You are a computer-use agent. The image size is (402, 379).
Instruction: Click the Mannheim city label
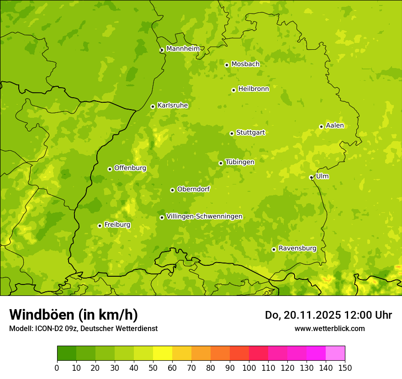point(183,49)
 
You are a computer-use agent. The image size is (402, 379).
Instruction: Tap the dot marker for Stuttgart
point(232,133)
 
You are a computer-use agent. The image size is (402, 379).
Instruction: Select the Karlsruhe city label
point(173,105)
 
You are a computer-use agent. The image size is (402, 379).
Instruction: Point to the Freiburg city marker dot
point(100,226)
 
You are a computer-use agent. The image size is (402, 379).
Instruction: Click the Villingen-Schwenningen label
point(204,216)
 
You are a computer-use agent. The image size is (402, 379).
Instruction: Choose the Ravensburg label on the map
point(297,248)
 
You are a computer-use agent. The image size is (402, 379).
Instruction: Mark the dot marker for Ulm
point(311,177)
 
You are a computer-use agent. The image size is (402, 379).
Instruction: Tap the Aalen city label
point(335,126)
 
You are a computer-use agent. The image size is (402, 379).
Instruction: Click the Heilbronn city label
point(254,89)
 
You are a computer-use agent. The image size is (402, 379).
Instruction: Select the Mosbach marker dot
point(227,65)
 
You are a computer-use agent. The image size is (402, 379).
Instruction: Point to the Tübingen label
point(240,162)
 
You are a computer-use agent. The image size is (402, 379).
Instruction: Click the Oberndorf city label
point(193,189)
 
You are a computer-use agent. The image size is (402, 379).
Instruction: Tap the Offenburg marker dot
point(110,169)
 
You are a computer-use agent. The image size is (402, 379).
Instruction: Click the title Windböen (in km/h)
point(74,315)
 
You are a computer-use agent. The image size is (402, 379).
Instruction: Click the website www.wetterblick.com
point(329,328)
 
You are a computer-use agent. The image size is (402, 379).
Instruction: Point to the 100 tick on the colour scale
point(249,368)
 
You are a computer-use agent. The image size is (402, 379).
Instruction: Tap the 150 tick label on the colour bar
point(345,368)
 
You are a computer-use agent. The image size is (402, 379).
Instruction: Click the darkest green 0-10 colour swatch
point(67,353)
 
